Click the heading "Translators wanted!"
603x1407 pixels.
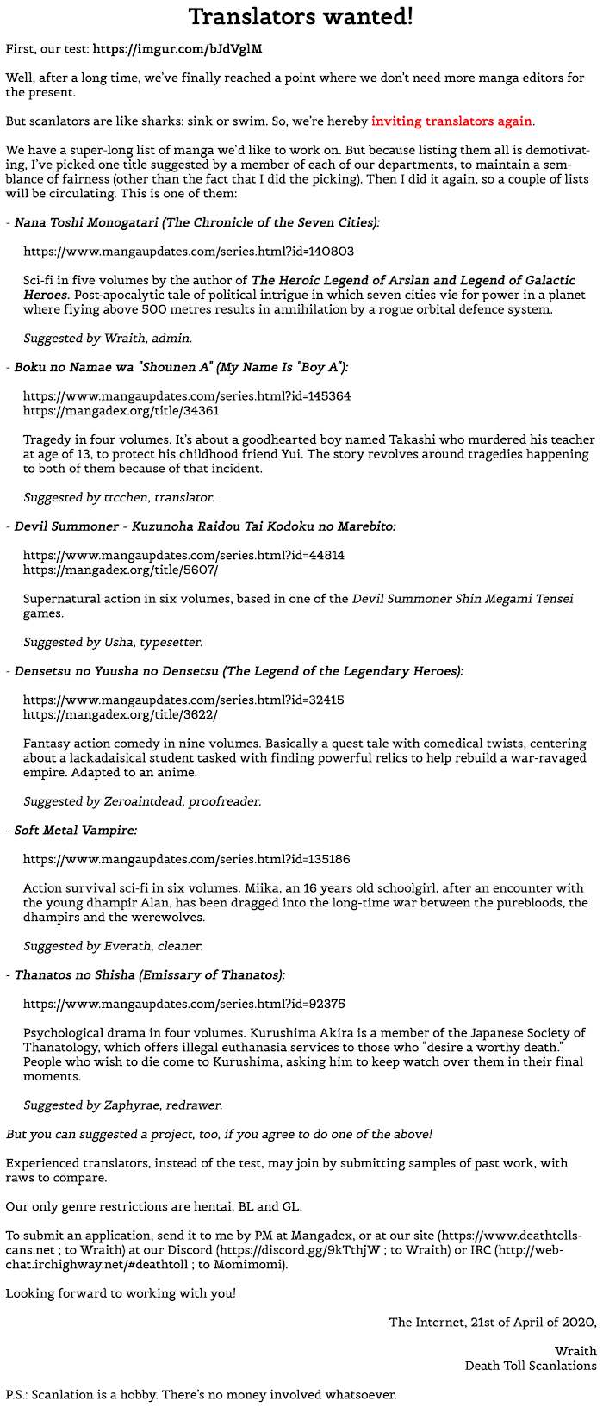301,16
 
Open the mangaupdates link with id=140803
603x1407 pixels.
188,252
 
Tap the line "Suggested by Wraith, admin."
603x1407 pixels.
108,339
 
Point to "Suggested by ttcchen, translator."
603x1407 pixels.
119,498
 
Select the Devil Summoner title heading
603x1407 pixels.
205,526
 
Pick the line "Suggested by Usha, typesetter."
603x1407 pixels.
113,642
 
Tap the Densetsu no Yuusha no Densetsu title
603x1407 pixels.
238,671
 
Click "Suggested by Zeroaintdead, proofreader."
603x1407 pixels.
142,801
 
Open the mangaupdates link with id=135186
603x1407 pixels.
186,859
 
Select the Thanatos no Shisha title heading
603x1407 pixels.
149,975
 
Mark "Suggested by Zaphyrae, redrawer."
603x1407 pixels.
122,1105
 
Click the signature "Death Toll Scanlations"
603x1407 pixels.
530,1365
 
